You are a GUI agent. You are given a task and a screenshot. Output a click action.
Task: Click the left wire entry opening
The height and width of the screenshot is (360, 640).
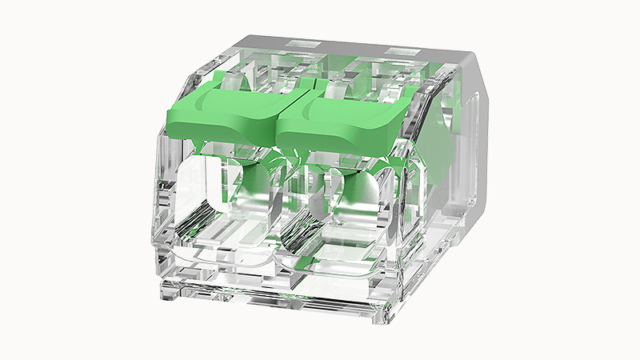pos(216,200)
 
